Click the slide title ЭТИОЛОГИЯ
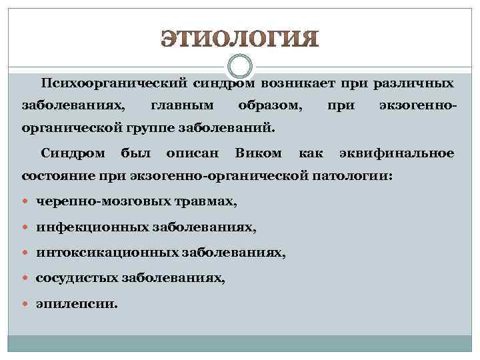tap(240, 39)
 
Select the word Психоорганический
tap(114, 84)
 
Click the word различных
tap(415, 84)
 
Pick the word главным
tap(182, 105)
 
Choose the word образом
tap(269, 105)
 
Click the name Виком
tap(258, 153)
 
